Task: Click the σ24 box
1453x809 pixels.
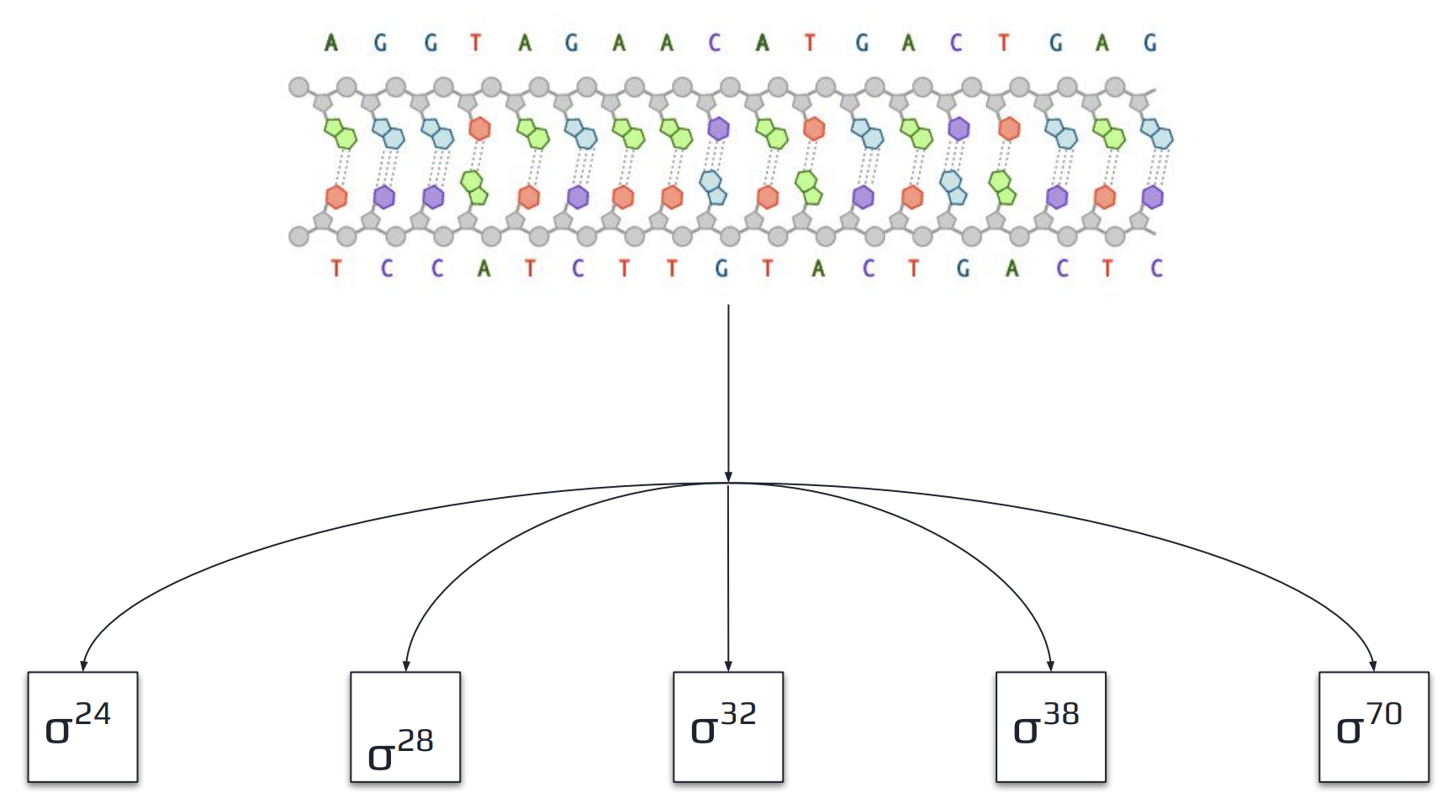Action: pyautogui.click(x=82, y=727)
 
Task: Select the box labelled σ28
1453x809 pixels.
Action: pyautogui.click(x=405, y=727)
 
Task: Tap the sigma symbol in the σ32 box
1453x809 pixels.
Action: pyautogui.click(x=702, y=730)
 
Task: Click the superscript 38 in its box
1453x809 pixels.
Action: pyautogui.click(x=1061, y=714)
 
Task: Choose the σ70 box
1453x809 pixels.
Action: pyautogui.click(x=1373, y=727)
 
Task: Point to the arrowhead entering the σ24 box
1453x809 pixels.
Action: pyautogui.click(x=83, y=666)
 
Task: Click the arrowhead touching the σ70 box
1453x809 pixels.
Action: pyautogui.click(x=1373, y=666)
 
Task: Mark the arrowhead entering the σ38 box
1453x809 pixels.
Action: pyautogui.click(x=1050, y=666)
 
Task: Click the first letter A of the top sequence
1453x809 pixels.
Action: pyautogui.click(x=331, y=42)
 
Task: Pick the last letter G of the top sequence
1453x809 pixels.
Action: pyautogui.click(x=1150, y=42)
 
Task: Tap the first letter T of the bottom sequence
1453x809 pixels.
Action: pyautogui.click(x=336, y=268)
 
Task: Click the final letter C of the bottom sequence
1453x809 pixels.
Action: pyautogui.click(x=1157, y=268)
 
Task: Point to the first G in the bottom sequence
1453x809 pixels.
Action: pyautogui.click(x=721, y=268)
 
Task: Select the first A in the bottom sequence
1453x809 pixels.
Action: pyautogui.click(x=483, y=268)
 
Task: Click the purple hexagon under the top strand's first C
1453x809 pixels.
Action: pyautogui.click(x=717, y=129)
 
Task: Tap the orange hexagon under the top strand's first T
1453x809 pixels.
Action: pyautogui.click(x=479, y=129)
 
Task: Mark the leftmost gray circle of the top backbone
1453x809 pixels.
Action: pyautogui.click(x=299, y=87)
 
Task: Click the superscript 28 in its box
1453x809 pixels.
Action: pyautogui.click(x=415, y=741)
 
